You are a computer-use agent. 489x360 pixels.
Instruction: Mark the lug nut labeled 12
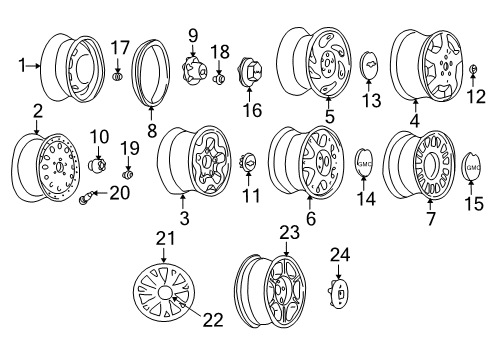point(470,69)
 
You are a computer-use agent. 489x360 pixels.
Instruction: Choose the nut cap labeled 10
point(100,161)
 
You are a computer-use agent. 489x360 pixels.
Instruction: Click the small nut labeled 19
point(127,166)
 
